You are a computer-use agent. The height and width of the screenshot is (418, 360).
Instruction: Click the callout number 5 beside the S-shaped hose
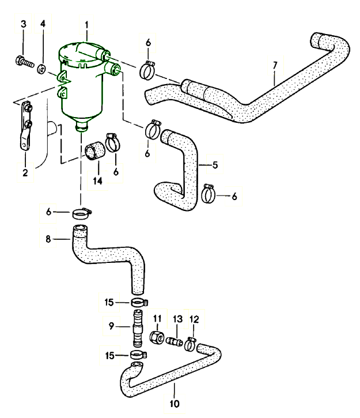pyautogui.click(x=214, y=165)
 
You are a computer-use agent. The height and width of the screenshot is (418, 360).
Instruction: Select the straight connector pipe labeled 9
pyautogui.click(x=138, y=326)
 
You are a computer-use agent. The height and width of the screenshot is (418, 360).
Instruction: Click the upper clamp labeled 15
pyautogui.click(x=139, y=302)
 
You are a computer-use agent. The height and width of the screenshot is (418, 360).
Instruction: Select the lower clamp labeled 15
pyautogui.click(x=138, y=355)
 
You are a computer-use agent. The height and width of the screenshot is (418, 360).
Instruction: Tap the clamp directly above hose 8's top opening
pyautogui.click(x=81, y=214)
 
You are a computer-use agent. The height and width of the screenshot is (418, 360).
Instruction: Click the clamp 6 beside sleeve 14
pyautogui.click(x=113, y=142)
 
